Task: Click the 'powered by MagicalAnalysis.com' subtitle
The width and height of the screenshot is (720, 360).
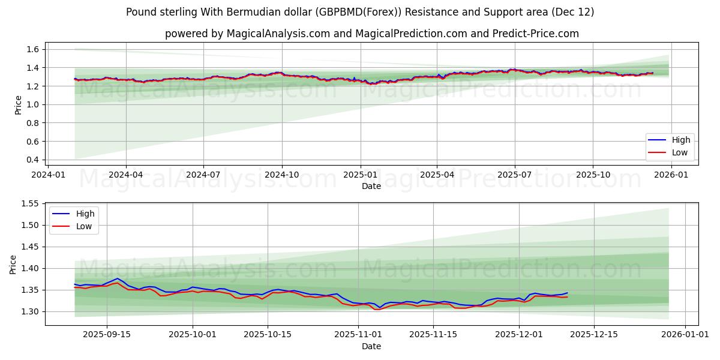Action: coord(372,34)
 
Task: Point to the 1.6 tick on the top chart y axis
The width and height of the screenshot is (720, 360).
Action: coord(33,49)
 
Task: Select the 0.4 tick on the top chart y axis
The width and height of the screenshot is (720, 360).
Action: coord(33,160)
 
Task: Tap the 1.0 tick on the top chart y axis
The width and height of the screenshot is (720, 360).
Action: coord(33,104)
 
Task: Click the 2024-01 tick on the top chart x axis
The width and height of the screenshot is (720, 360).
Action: coord(48,175)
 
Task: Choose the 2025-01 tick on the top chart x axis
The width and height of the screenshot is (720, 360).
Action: coord(360,175)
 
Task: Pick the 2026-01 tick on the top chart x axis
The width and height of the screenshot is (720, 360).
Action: coord(671,175)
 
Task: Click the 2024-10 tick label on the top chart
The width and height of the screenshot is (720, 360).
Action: coord(282,175)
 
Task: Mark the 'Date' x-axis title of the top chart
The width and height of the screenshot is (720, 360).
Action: coord(371,186)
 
